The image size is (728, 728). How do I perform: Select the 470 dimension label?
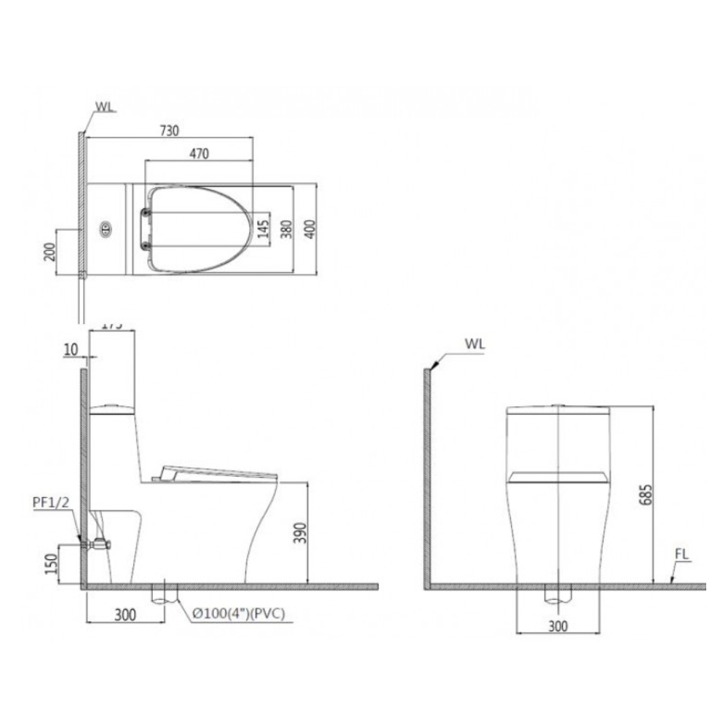point(199,154)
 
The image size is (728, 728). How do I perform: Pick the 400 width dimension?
point(311,230)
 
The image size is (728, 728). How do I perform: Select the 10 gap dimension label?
point(70,350)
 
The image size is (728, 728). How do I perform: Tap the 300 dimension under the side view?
point(125,615)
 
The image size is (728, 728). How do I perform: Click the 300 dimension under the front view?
point(558,625)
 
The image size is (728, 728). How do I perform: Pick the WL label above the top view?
point(104,107)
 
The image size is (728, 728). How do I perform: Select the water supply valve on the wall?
point(97,543)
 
